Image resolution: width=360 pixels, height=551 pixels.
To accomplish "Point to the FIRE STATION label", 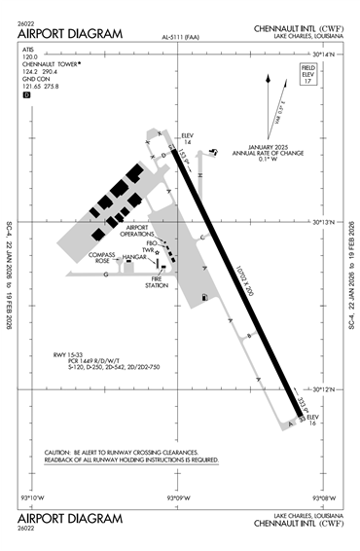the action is point(157,282).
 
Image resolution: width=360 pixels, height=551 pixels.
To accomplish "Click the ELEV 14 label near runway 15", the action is point(189,139).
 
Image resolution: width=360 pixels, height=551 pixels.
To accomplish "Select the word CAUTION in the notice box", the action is point(61,453).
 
